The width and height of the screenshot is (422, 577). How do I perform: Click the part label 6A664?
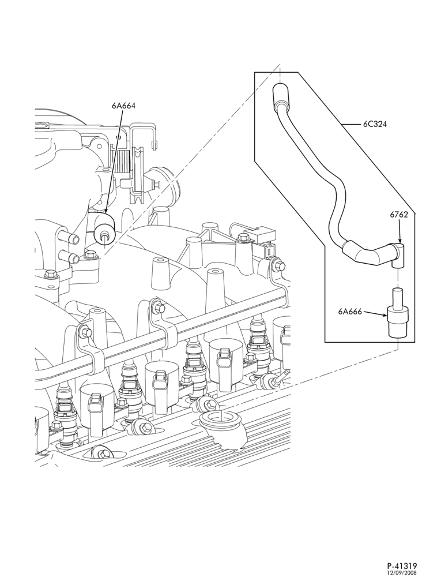pos(124,106)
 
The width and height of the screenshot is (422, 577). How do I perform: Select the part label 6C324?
pos(375,124)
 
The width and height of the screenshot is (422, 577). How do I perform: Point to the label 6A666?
pos(351,312)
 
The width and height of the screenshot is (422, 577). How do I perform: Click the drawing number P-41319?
pos(402,566)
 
